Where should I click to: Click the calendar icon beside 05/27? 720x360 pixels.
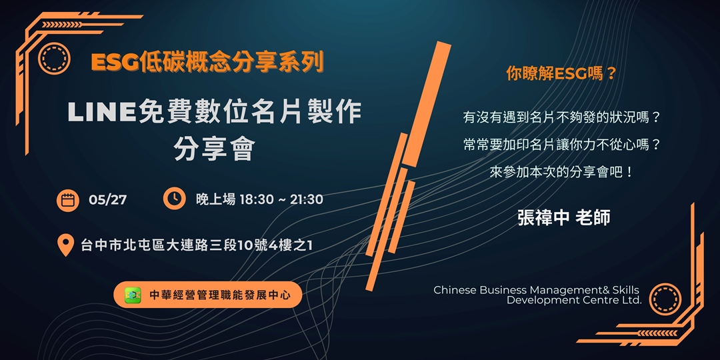pos(67,199)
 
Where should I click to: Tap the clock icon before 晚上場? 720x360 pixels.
pos(174,198)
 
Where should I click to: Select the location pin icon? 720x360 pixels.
pos(65,245)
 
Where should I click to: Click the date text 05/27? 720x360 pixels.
pos(107,199)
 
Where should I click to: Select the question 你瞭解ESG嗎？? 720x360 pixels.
pos(561,75)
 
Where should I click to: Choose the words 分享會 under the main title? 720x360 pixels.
pos(214,149)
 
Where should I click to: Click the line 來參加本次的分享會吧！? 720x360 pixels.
pos(561,171)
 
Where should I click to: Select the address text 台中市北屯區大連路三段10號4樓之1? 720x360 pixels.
pos(197,245)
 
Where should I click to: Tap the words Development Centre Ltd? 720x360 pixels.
pos(574,301)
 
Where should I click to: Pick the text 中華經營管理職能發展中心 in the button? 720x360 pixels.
pos(219,295)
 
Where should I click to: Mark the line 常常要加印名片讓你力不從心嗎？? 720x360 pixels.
pos(561,145)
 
